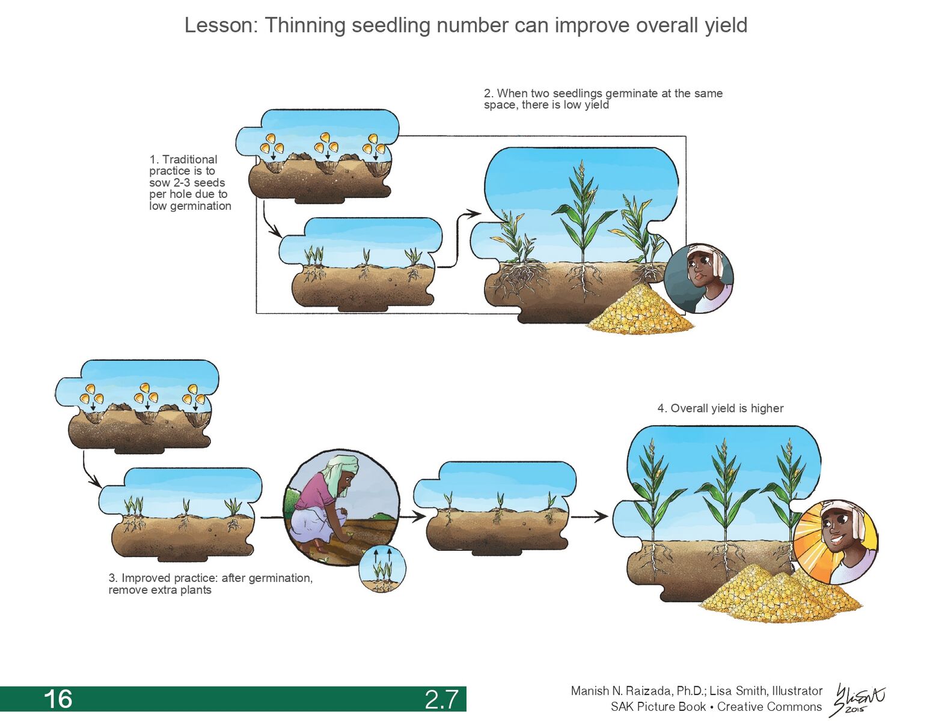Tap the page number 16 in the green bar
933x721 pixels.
[58, 699]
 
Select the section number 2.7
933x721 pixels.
[441, 699]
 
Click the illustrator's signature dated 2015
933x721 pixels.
[858, 699]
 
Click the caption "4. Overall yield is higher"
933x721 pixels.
[720, 408]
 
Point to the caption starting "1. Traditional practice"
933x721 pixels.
[189, 182]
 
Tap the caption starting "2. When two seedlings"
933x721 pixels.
[602, 99]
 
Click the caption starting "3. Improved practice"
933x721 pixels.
[210, 584]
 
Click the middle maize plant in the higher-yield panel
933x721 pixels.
[724, 499]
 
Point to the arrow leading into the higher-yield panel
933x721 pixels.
[589, 517]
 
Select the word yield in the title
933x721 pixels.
[726, 25]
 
